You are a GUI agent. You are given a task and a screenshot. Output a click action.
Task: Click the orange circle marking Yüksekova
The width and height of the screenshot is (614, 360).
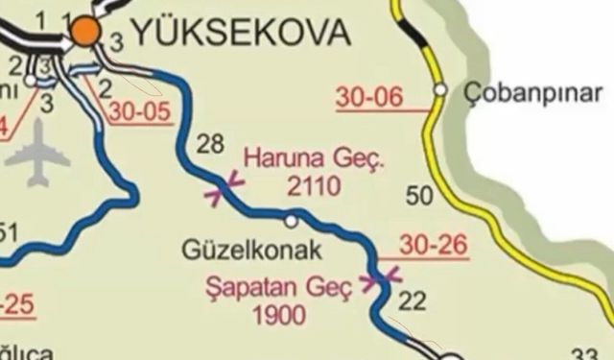click(86, 32)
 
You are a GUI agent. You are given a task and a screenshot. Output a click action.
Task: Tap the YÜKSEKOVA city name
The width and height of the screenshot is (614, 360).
click(239, 34)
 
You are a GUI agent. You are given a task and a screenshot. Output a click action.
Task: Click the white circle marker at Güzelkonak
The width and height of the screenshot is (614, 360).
click(291, 222)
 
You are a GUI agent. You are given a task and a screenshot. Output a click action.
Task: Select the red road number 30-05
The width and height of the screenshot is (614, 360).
click(140, 111)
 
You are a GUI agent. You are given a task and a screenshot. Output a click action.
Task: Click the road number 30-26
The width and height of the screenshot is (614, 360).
click(435, 246)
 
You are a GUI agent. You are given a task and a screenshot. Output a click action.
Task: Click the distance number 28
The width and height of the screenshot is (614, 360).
click(209, 145)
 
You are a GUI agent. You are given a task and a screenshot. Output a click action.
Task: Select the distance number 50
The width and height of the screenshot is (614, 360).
click(421, 198)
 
